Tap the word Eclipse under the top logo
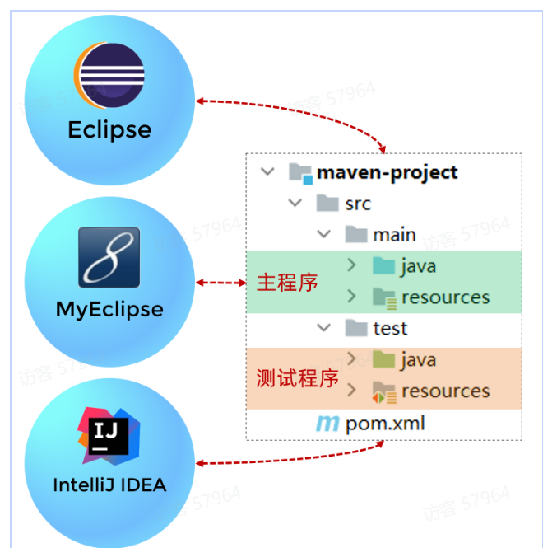coord(109,130)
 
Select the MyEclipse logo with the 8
coord(109,257)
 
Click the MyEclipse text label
coord(109,310)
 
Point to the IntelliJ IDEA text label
coord(109,485)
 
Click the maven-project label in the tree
coord(388,172)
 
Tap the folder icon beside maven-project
coord(300,173)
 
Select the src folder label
coord(358,204)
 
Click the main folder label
coord(394,235)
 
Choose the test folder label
coord(390,329)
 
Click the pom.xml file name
coord(385,424)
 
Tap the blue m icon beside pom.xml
coord(327,424)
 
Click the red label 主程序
coord(287,282)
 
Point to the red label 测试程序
coord(297,378)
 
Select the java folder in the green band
coord(418,266)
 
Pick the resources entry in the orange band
coord(445,391)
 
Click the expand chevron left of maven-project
coord(267,172)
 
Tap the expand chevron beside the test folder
coord(323,329)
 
